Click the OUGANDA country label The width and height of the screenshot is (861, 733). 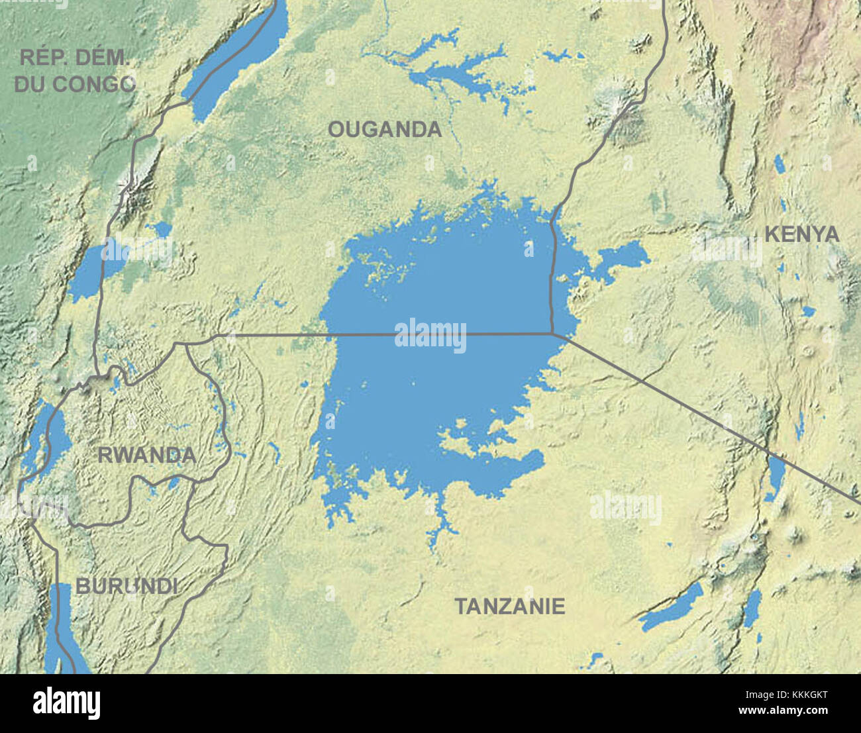pos(385,129)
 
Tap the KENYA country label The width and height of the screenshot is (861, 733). pos(801,234)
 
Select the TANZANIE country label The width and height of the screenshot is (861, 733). pos(509,606)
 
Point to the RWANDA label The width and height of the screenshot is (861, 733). pos(146,455)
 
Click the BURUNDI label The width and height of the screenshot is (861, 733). pos(127,586)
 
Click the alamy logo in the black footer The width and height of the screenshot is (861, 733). pos(67,703)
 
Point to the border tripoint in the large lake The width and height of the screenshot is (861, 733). pos(552,333)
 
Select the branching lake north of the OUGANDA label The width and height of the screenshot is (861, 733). pos(450,73)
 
